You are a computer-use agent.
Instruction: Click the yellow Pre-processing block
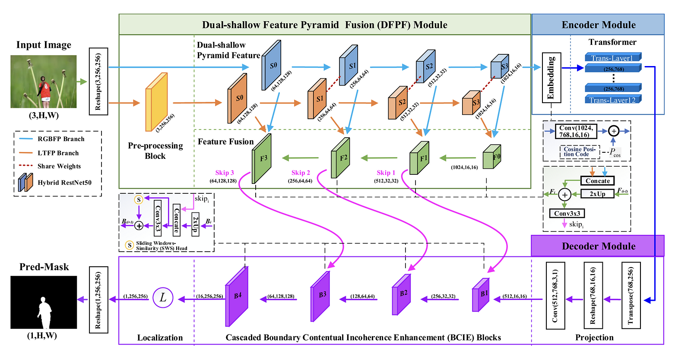coord(156,102)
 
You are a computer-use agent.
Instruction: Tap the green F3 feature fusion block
coord(262,158)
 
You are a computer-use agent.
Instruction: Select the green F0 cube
coord(491,157)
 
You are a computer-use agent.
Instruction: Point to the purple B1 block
coord(480,295)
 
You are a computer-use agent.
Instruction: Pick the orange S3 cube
coord(471,103)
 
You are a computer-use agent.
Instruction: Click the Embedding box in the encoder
coord(551,78)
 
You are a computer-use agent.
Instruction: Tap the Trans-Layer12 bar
coord(613,100)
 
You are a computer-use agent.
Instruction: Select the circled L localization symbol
coord(163,297)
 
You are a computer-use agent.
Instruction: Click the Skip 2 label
coord(301,173)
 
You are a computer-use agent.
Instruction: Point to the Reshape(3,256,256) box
coord(98,82)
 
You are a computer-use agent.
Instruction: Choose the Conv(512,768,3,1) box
coord(555,296)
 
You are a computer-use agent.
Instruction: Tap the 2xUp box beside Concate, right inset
coord(598,194)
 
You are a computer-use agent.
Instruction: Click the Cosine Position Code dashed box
coord(580,152)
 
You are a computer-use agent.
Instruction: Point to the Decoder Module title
coord(598,246)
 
